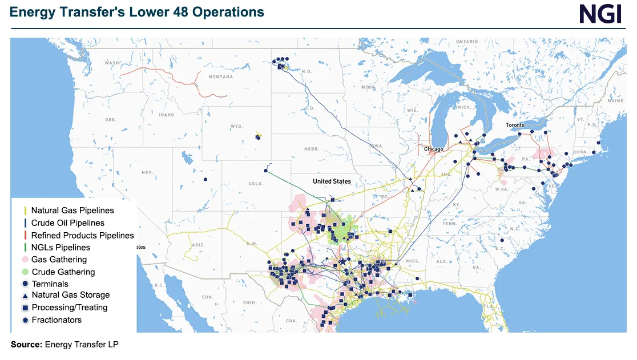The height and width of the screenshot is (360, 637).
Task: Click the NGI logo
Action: point(600,14)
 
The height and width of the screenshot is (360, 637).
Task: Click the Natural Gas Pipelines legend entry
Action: point(72,211)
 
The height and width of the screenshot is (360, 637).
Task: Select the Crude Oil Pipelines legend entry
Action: point(68,223)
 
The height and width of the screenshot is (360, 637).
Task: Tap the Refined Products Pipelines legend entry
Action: point(82,235)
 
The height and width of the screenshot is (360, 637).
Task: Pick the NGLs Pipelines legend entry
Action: point(61,248)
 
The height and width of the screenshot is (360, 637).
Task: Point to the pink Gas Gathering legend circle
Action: point(26,260)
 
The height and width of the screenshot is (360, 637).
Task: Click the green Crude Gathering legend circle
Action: point(26,272)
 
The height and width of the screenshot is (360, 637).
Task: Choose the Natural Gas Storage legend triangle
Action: point(26,296)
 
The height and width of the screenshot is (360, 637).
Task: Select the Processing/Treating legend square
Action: point(26,308)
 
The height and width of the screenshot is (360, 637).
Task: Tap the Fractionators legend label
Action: point(57,320)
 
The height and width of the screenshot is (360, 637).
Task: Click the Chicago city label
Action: point(433,149)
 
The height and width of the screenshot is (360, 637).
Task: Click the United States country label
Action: point(332,181)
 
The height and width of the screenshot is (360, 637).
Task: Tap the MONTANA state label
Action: point(220,77)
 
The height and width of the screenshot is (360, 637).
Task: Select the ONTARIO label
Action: point(466,42)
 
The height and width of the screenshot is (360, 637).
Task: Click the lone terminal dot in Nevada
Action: point(205,180)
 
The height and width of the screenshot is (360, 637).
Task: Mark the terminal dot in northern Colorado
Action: point(266,171)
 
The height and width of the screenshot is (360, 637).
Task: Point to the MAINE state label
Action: point(616,100)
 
